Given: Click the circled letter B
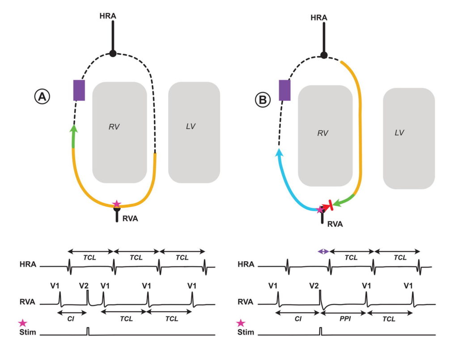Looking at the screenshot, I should (262, 100).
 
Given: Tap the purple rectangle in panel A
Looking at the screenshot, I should (79, 90).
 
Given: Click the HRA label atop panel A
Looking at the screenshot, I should (108, 16).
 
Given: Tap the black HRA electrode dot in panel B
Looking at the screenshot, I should (324, 55).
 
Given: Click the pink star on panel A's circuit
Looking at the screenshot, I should (117, 204).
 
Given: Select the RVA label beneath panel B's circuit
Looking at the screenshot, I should (334, 224).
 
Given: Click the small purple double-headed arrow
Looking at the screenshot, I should (323, 252).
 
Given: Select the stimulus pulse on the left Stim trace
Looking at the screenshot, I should (88, 331).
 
